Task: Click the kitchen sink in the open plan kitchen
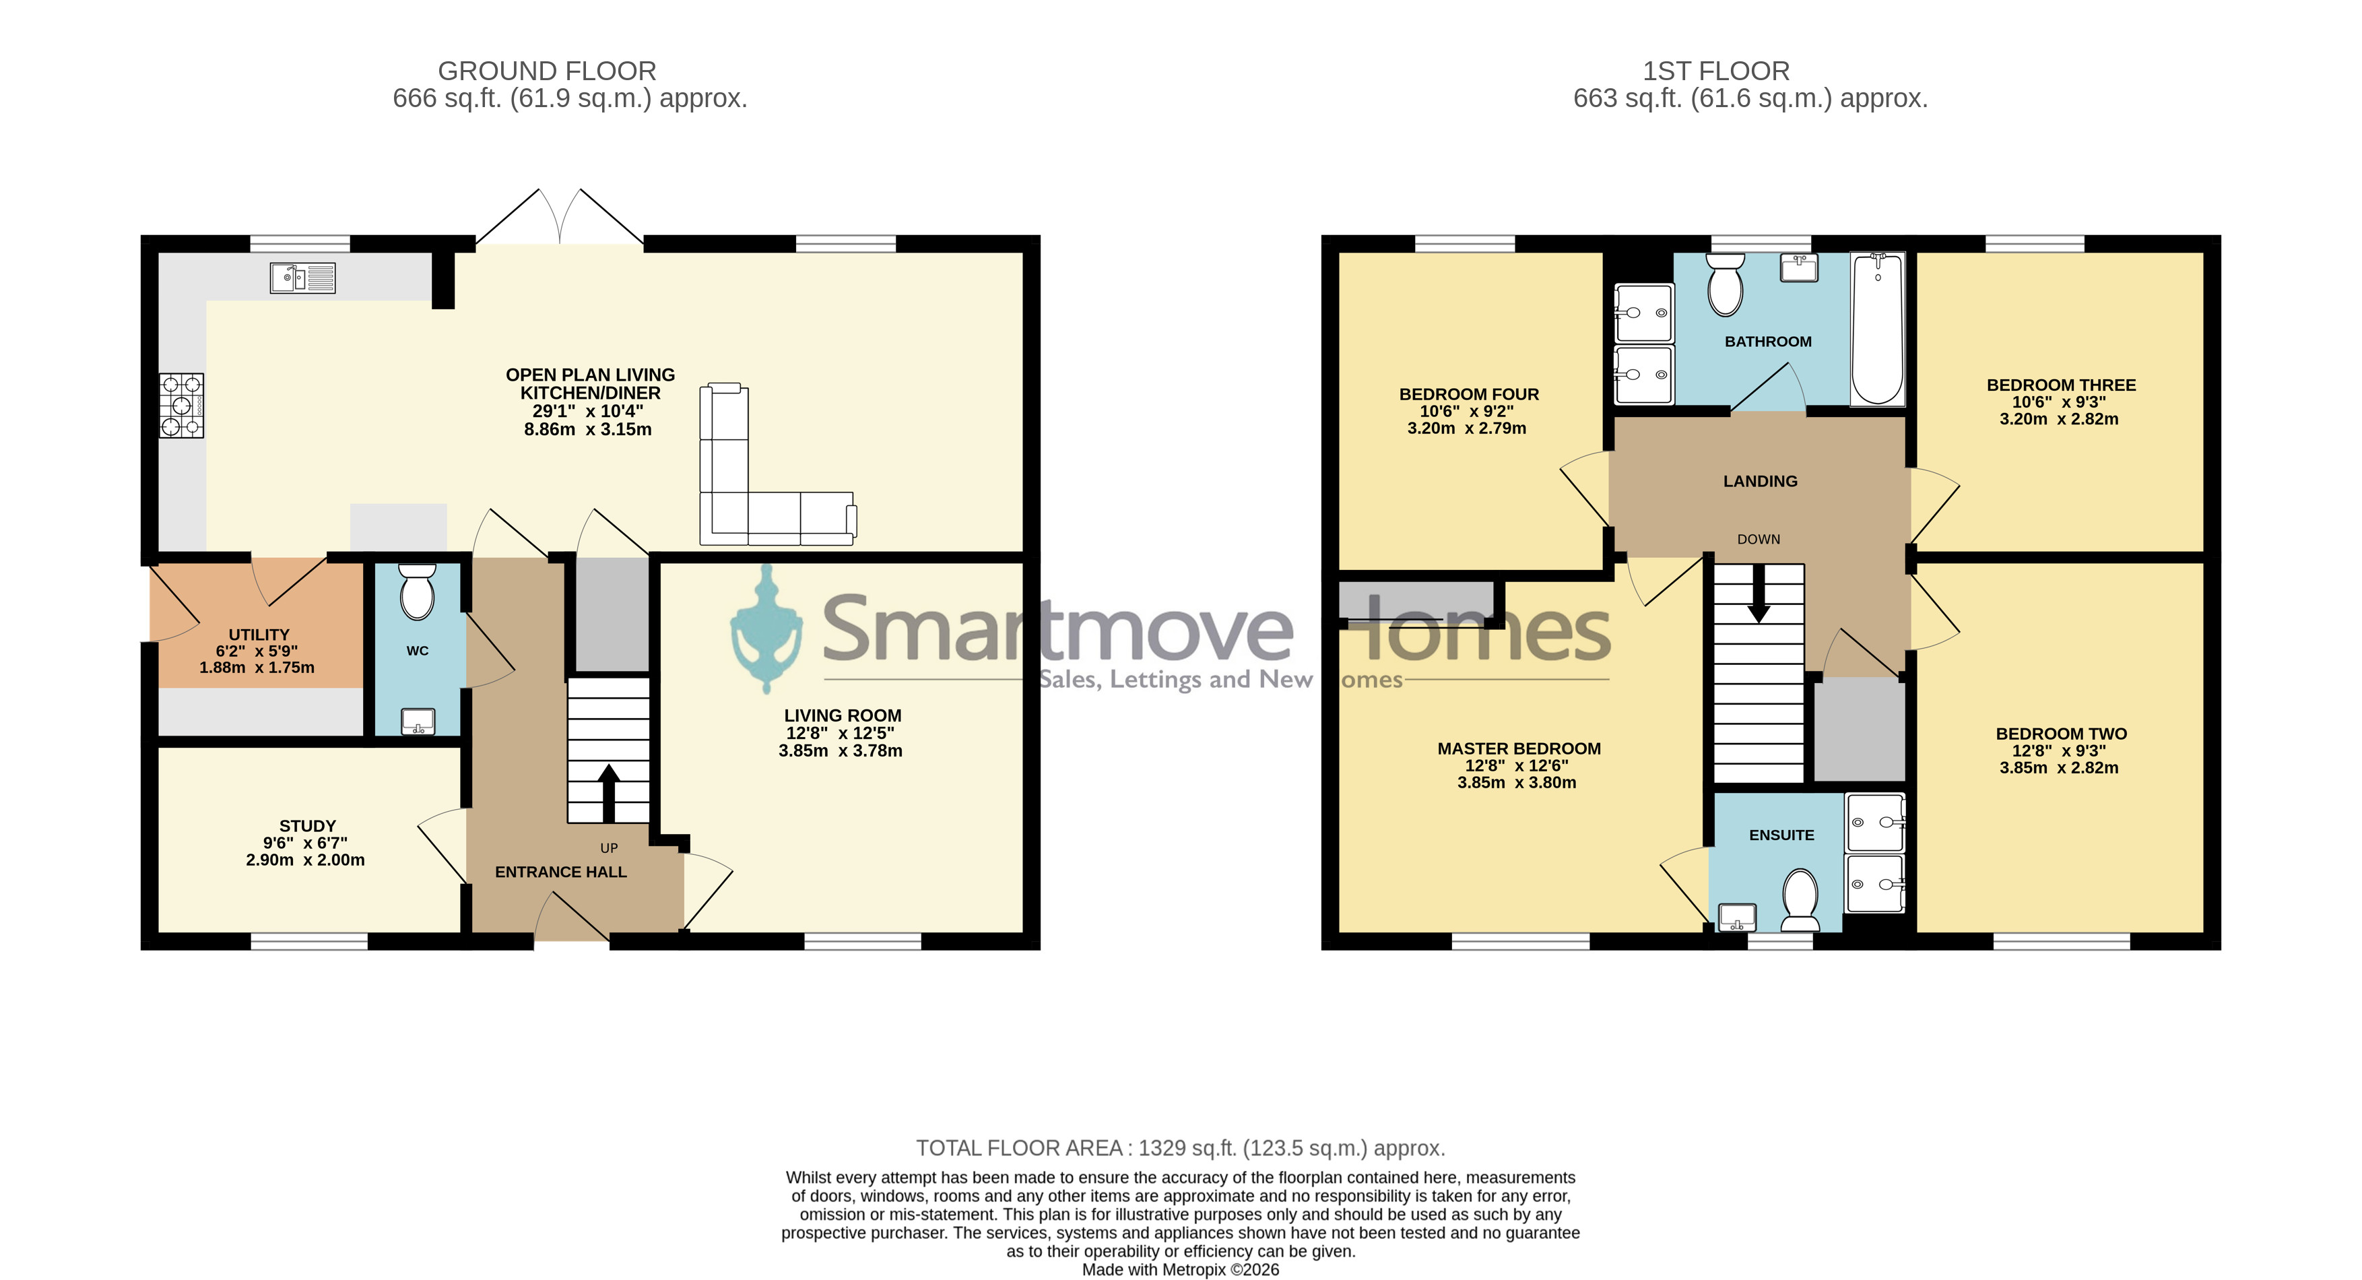tap(302, 278)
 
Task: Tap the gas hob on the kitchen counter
tap(182, 406)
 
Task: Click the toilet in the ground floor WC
tap(417, 592)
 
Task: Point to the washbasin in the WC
tap(418, 722)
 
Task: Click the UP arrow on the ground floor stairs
tap(609, 793)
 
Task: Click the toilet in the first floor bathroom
tap(1726, 284)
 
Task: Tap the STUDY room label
tap(307, 826)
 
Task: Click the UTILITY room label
tap(259, 635)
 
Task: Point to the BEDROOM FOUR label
tap(1469, 394)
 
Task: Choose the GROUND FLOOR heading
tap(548, 71)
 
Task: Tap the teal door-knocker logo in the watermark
tap(766, 629)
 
